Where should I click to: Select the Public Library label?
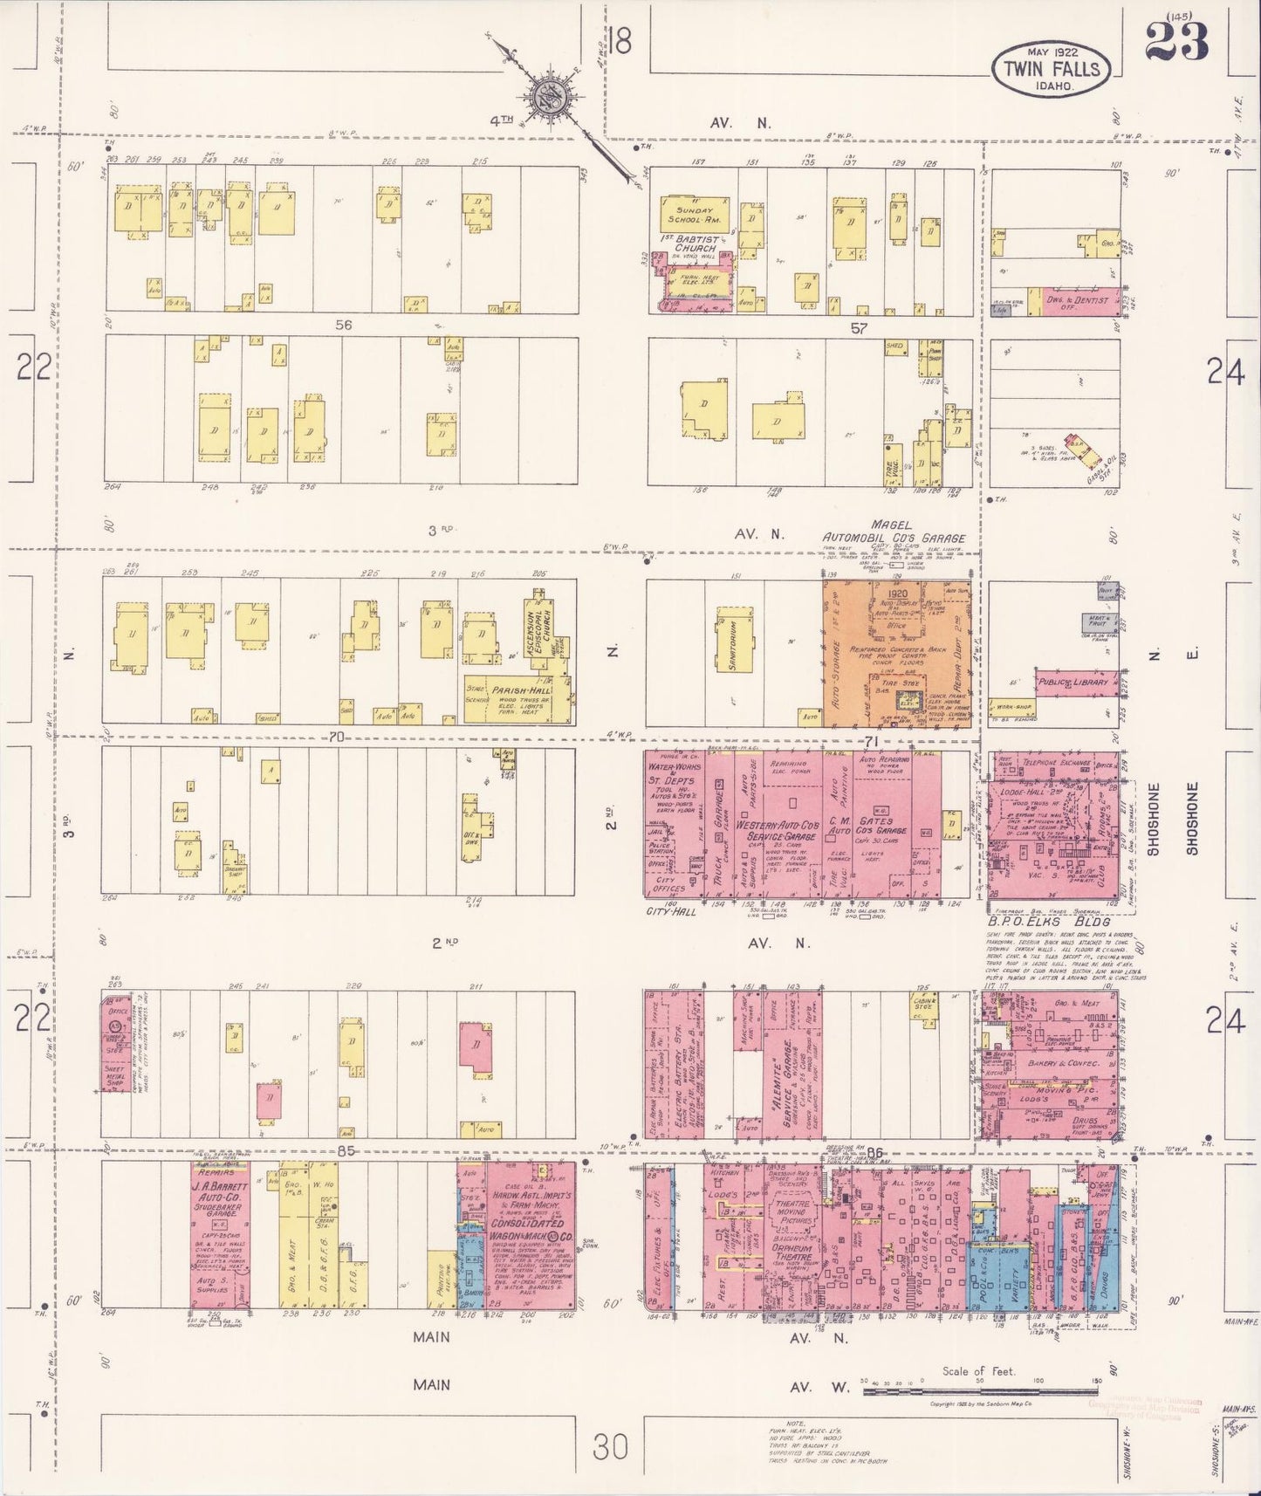click(x=1073, y=683)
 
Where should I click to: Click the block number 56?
click(x=343, y=325)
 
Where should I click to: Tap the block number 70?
click(x=337, y=737)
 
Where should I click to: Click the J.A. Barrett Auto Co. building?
click(x=220, y=1235)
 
